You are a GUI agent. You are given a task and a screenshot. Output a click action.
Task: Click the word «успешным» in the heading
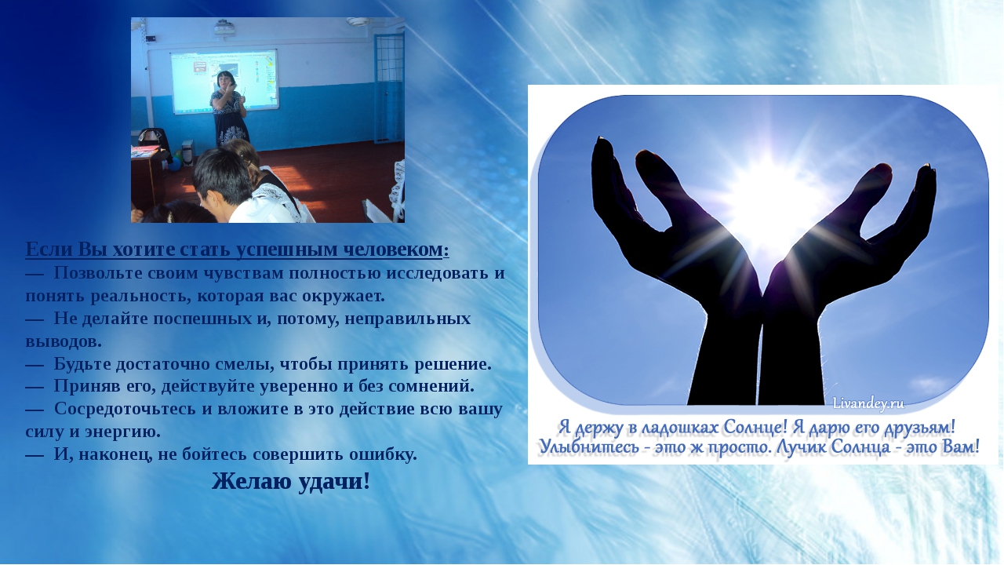pos(287,250)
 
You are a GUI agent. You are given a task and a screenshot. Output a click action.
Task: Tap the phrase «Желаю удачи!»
pos(291,481)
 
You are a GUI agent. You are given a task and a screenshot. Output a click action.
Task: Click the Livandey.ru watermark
pos(868,403)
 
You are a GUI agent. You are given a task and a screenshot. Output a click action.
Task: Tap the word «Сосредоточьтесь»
pos(125,409)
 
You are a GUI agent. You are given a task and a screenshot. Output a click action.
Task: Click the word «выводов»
pos(64,341)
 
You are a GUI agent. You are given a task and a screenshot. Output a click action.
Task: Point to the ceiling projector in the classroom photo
pos(224,27)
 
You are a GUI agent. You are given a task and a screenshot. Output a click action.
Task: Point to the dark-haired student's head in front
pos(223,178)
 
